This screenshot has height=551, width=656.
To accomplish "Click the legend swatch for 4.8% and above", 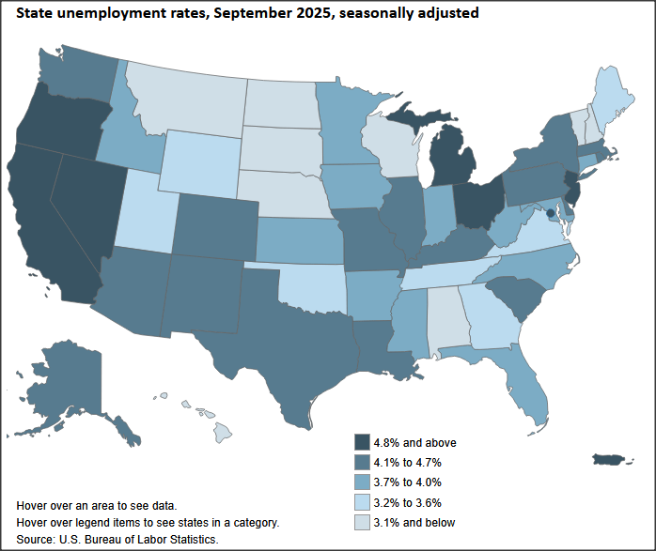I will tap(362, 442).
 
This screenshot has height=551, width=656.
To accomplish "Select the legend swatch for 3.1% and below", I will tap(362, 522).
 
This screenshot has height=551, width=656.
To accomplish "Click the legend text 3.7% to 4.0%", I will tap(409, 482).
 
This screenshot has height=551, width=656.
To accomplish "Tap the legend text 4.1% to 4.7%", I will tap(409, 463).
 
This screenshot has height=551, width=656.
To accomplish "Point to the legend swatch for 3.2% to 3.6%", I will tap(362, 502).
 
